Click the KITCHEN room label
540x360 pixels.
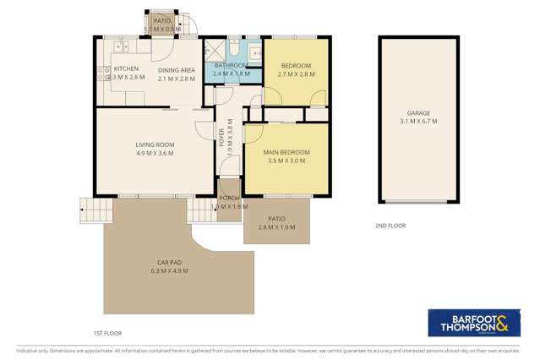point(126,68)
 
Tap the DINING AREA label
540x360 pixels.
point(177,68)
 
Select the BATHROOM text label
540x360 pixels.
point(230,65)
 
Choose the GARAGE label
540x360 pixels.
point(418,113)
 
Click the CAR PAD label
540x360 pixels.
point(169,263)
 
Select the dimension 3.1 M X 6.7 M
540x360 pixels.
point(418,121)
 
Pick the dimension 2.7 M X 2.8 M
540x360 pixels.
point(296,74)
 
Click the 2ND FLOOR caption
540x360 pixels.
point(390,226)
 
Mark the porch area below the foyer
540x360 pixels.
point(228,201)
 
